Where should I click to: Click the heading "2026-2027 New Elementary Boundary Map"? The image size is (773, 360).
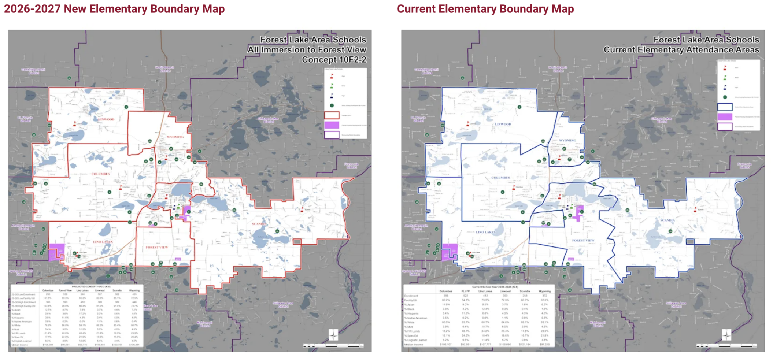pyautogui.click(x=114, y=9)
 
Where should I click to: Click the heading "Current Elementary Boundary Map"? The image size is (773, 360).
pyautogui.click(x=485, y=9)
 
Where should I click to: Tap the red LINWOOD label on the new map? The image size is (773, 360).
pyautogui.click(x=106, y=119)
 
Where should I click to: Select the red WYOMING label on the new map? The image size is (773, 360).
pyautogui.click(x=175, y=137)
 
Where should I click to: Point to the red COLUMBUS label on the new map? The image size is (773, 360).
pyautogui.click(x=101, y=174)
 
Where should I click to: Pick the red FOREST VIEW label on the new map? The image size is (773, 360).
pyautogui.click(x=157, y=248)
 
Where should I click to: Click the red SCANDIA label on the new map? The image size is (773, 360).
pyautogui.click(x=259, y=224)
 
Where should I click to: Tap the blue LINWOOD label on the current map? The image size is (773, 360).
pyautogui.click(x=503, y=124)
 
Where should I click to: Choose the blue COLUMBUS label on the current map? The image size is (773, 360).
pyautogui.click(x=500, y=178)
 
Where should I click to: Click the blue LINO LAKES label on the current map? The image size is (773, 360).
pyautogui.click(x=485, y=232)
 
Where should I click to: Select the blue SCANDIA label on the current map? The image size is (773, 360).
pyautogui.click(x=667, y=220)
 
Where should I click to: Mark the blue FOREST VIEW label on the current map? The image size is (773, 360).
pyautogui.click(x=583, y=241)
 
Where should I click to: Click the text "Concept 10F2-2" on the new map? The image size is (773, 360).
pyautogui.click(x=334, y=60)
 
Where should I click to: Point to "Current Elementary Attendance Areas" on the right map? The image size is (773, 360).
pyautogui.click(x=681, y=50)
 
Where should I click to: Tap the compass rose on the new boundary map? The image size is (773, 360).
pyautogui.click(x=333, y=335)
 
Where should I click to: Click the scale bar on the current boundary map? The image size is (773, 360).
pyautogui.click(x=726, y=345)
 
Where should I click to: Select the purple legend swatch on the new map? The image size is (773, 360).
pyautogui.click(x=332, y=125)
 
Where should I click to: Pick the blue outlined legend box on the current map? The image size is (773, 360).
pyautogui.click(x=725, y=107)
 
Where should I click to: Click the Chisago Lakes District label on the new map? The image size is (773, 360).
pyautogui.click(x=269, y=120)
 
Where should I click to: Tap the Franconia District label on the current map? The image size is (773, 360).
pyautogui.click(x=744, y=166)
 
